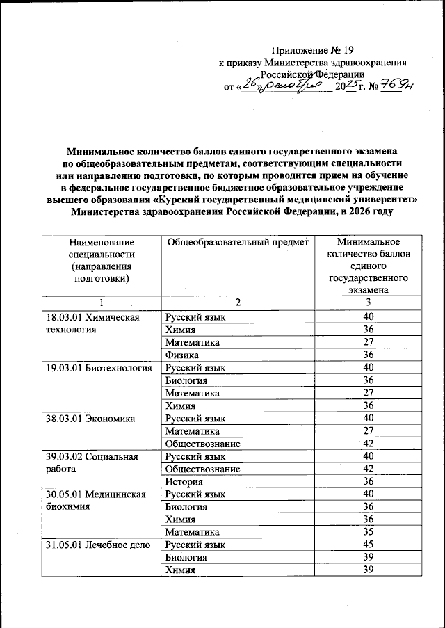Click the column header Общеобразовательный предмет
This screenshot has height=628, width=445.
coord(236,241)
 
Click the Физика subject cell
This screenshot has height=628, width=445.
coord(179,355)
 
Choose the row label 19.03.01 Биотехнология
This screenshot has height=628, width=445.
coord(98,367)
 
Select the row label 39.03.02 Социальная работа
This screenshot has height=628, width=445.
coord(88,462)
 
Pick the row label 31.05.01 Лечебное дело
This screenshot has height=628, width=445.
coord(94,545)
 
